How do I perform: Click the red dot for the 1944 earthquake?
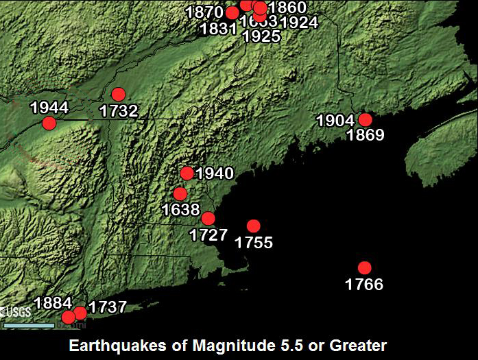tap(49, 123)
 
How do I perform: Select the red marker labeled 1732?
tap(119, 94)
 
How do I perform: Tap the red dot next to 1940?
tap(187, 173)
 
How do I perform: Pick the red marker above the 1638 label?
tap(180, 194)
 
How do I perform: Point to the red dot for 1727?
tap(208, 219)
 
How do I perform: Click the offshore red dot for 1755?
tap(254, 226)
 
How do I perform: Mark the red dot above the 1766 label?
tap(364, 267)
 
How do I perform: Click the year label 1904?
tap(335, 121)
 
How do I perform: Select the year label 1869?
tap(365, 135)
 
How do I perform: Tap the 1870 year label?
tap(204, 12)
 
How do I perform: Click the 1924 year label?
tap(299, 23)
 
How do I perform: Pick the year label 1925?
tap(261, 36)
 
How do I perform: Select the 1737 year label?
tap(108, 307)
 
